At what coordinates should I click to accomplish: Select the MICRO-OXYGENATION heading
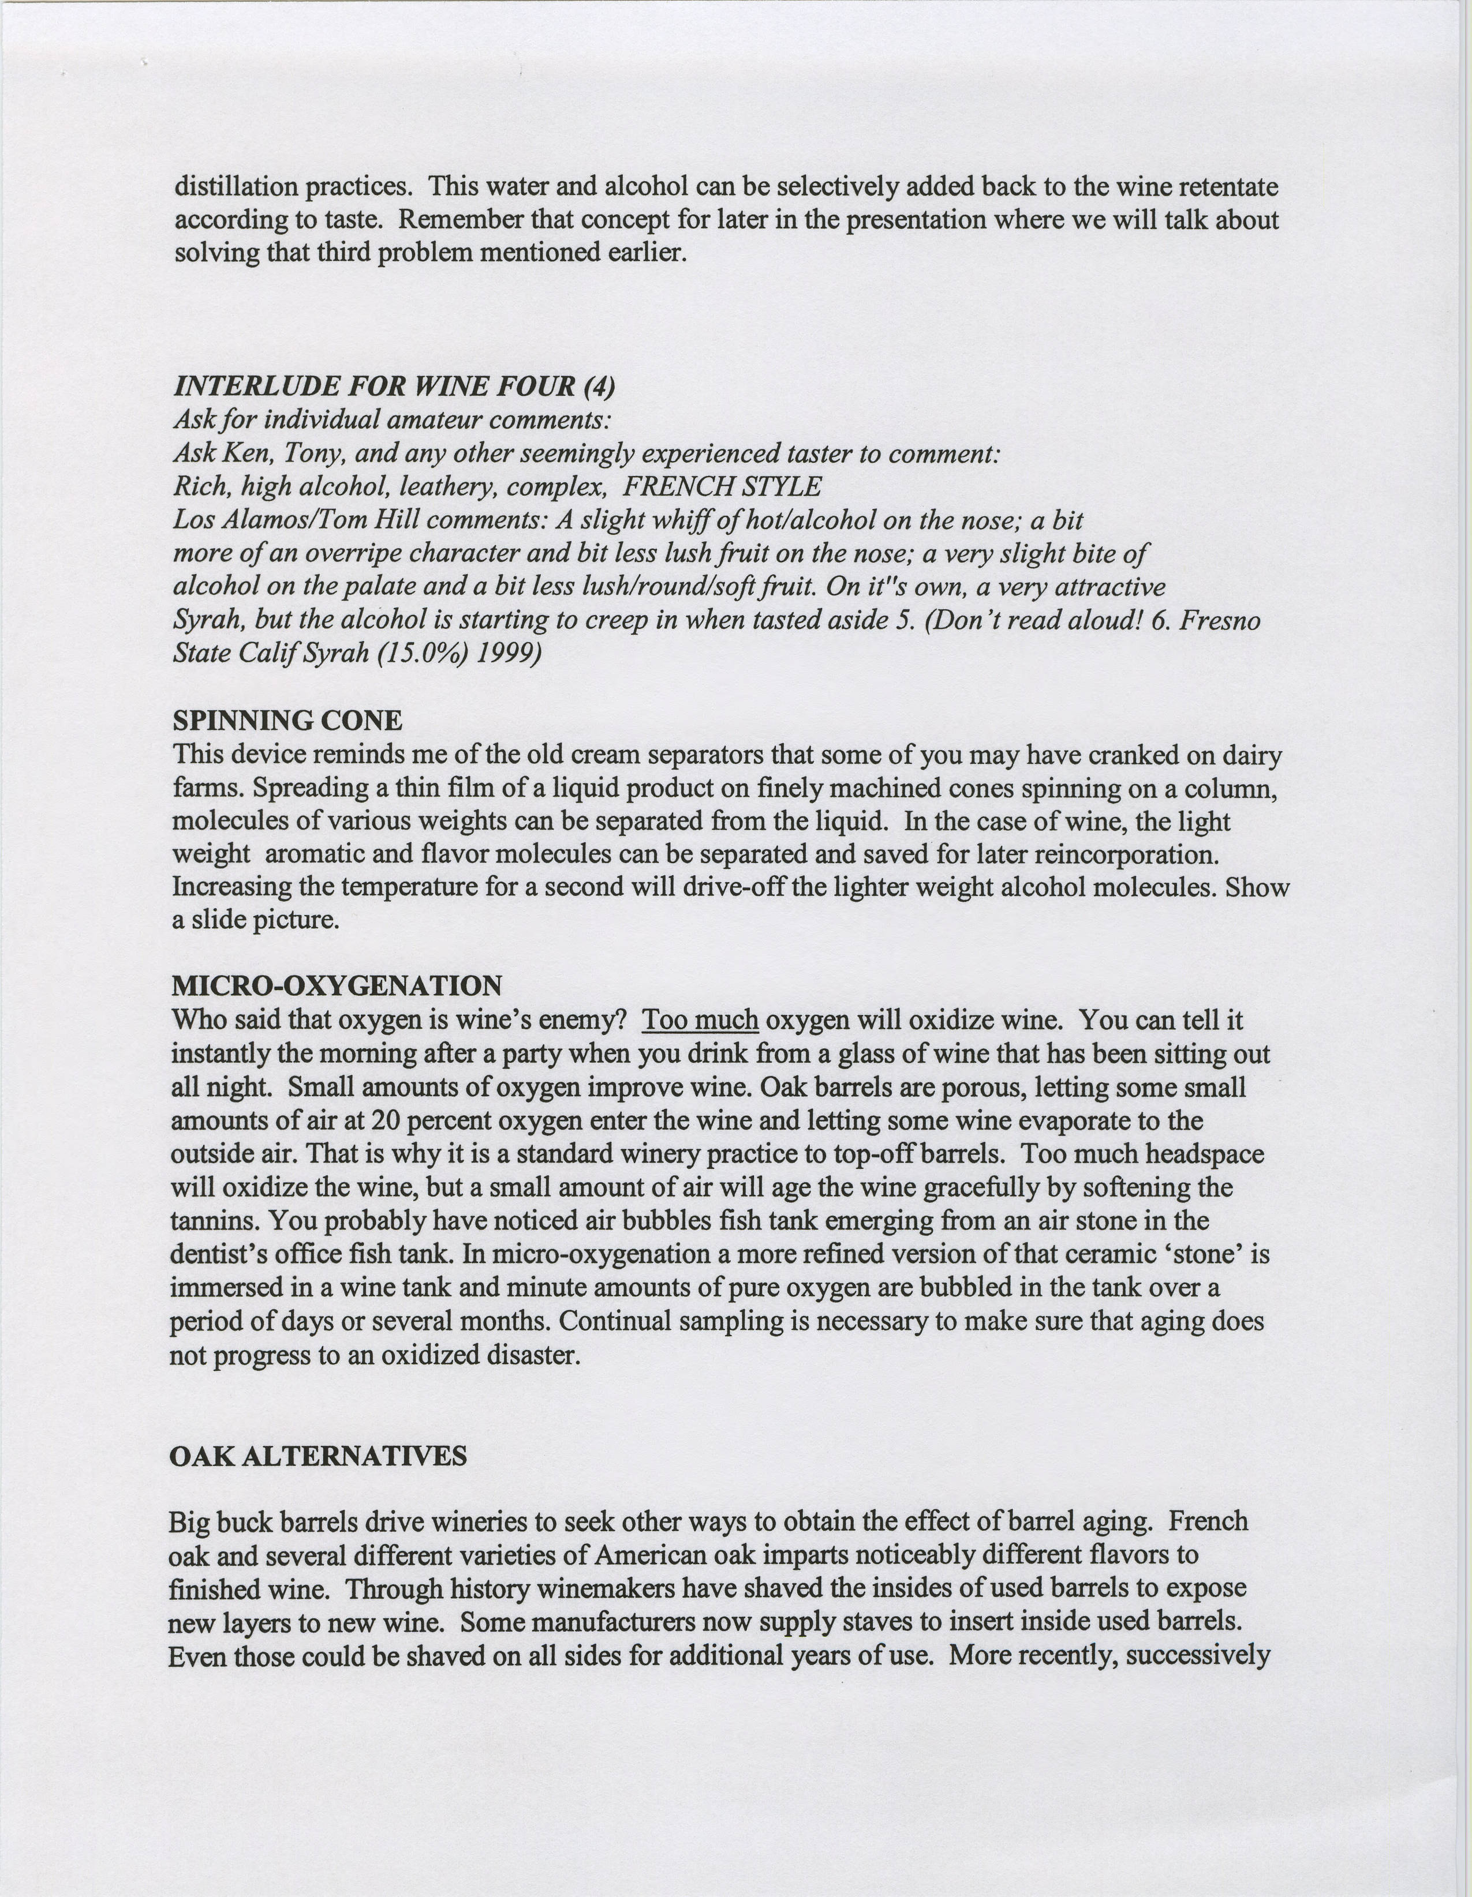[337, 986]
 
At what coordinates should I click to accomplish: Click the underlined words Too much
[700, 1019]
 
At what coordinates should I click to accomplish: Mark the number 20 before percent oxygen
[389, 1120]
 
